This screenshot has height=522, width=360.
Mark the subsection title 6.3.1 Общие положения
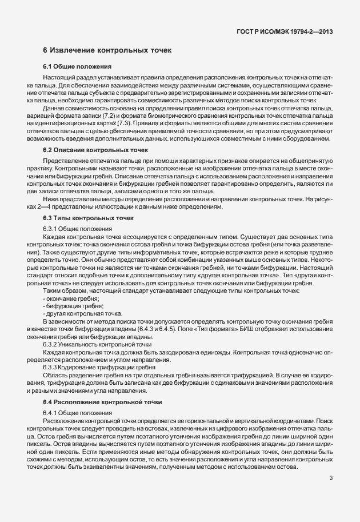click(x=77, y=229)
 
